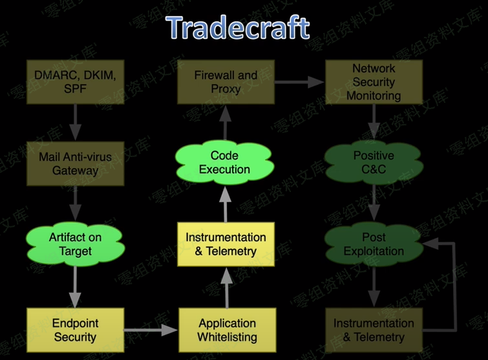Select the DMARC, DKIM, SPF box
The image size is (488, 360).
pyautogui.click(x=75, y=82)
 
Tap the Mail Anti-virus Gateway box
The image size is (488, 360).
pyautogui.click(x=75, y=164)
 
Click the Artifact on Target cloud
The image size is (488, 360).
pyautogui.click(x=75, y=244)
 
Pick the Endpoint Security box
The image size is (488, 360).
pyautogui.click(x=75, y=329)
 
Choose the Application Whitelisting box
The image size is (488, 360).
pyautogui.click(x=228, y=330)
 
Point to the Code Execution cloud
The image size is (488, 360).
pyautogui.click(x=224, y=163)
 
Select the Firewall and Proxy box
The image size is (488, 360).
pyautogui.click(x=226, y=82)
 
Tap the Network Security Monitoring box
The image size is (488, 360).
pyautogui.click(x=374, y=82)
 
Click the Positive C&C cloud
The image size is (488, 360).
pyautogui.click(x=374, y=163)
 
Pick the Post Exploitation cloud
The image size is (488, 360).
pyautogui.click(x=374, y=244)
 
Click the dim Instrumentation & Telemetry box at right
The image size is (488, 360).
pyautogui.click(x=374, y=329)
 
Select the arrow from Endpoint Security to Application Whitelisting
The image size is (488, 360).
pyautogui.click(x=151, y=330)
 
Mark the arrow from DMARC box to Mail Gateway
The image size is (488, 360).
pyautogui.click(x=75, y=123)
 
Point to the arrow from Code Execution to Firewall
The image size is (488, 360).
pyautogui.click(x=225, y=124)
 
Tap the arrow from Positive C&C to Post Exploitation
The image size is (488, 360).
pyautogui.click(x=374, y=203)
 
